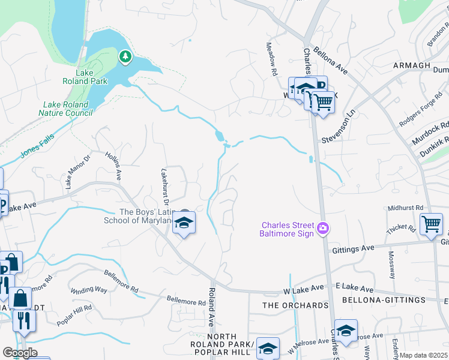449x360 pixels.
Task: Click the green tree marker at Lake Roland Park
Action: [125, 57]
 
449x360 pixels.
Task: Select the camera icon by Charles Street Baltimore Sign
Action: [324, 227]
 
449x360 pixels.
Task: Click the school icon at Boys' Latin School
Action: [184, 224]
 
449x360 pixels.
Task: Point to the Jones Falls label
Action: [37, 145]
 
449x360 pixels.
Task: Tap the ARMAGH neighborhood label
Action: [412, 65]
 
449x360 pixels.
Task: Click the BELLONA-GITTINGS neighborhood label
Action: [375, 299]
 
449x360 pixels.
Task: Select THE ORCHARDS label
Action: [296, 305]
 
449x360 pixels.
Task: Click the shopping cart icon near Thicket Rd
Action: [431, 224]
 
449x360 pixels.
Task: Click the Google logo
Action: [20, 353]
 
